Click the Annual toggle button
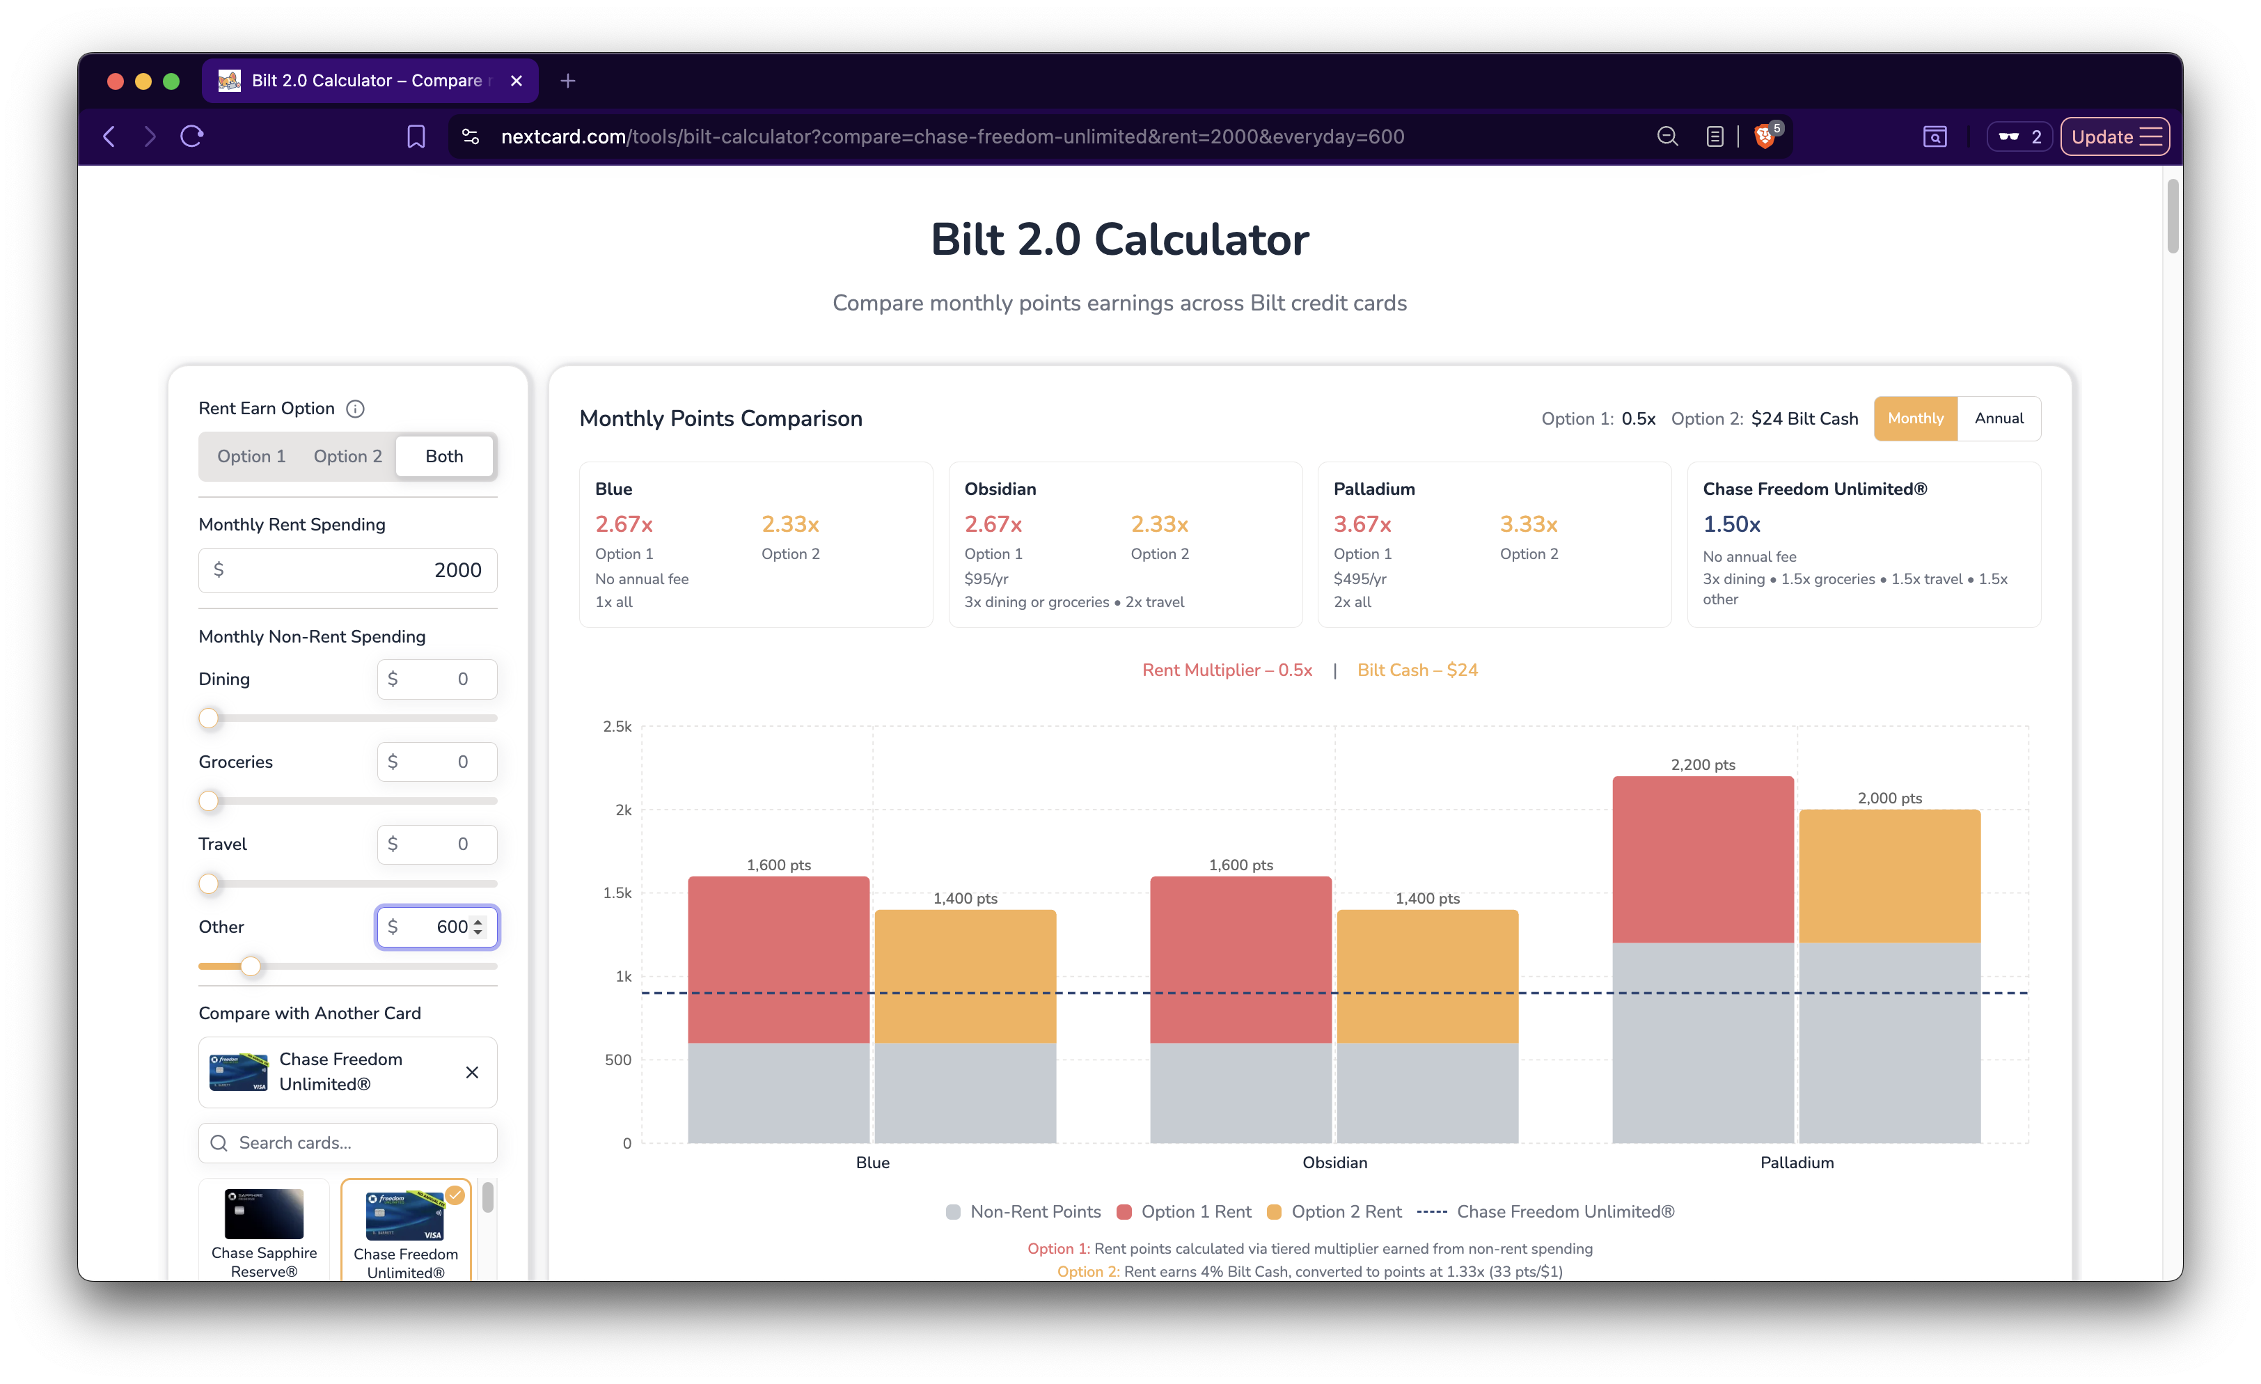pyautogui.click(x=1999, y=418)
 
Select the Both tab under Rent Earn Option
pyautogui.click(x=444, y=456)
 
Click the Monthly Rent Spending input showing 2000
pyautogui.click(x=349, y=570)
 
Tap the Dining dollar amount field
pyautogui.click(x=436, y=679)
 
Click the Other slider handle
pyautogui.click(x=251, y=966)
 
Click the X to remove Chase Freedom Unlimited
pyautogui.click(x=472, y=1072)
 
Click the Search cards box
pyautogui.click(x=349, y=1142)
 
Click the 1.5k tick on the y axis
pyautogui.click(x=617, y=893)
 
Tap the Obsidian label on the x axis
pyautogui.click(x=1334, y=1163)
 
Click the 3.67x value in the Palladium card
pyautogui.click(x=1362, y=524)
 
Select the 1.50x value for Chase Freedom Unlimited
pyautogui.click(x=1731, y=524)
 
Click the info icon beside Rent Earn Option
pyautogui.click(x=355, y=409)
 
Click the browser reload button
pyautogui.click(x=192, y=136)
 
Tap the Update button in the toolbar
pyautogui.click(x=2113, y=136)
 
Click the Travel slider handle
pyautogui.click(x=210, y=884)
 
